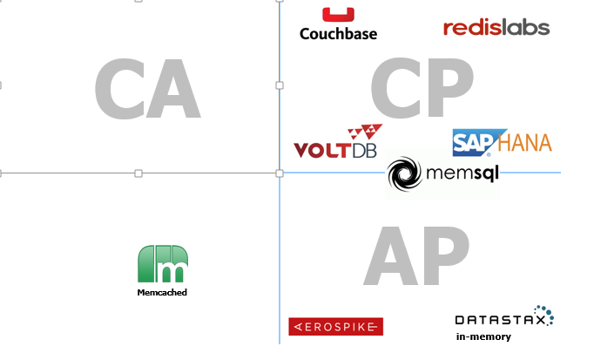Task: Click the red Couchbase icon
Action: [338, 15]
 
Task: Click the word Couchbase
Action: [338, 34]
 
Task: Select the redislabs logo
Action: [496, 28]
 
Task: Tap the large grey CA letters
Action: [147, 90]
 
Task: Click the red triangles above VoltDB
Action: [365, 133]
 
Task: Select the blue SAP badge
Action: [474, 142]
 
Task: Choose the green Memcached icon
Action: [163, 264]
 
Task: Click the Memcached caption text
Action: [162, 293]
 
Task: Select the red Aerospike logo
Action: [335, 327]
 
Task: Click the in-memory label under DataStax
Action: [483, 336]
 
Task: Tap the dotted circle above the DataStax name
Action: [543, 314]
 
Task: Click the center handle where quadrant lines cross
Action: [280, 173]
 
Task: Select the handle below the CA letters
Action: [138, 173]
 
